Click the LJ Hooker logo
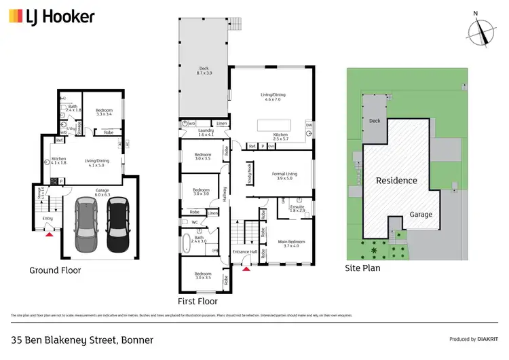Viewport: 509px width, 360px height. coord(51,16)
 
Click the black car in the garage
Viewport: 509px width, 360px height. coord(117,223)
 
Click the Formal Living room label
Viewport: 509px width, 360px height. coord(282,176)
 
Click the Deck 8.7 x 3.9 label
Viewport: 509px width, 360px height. coord(204,70)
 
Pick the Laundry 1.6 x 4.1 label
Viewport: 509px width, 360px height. coord(206,133)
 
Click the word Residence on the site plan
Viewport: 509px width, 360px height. coord(397,181)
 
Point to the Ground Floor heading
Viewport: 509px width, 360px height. coord(55,270)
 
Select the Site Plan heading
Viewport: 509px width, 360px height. coord(363,268)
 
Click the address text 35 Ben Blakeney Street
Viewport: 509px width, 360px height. coord(81,339)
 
